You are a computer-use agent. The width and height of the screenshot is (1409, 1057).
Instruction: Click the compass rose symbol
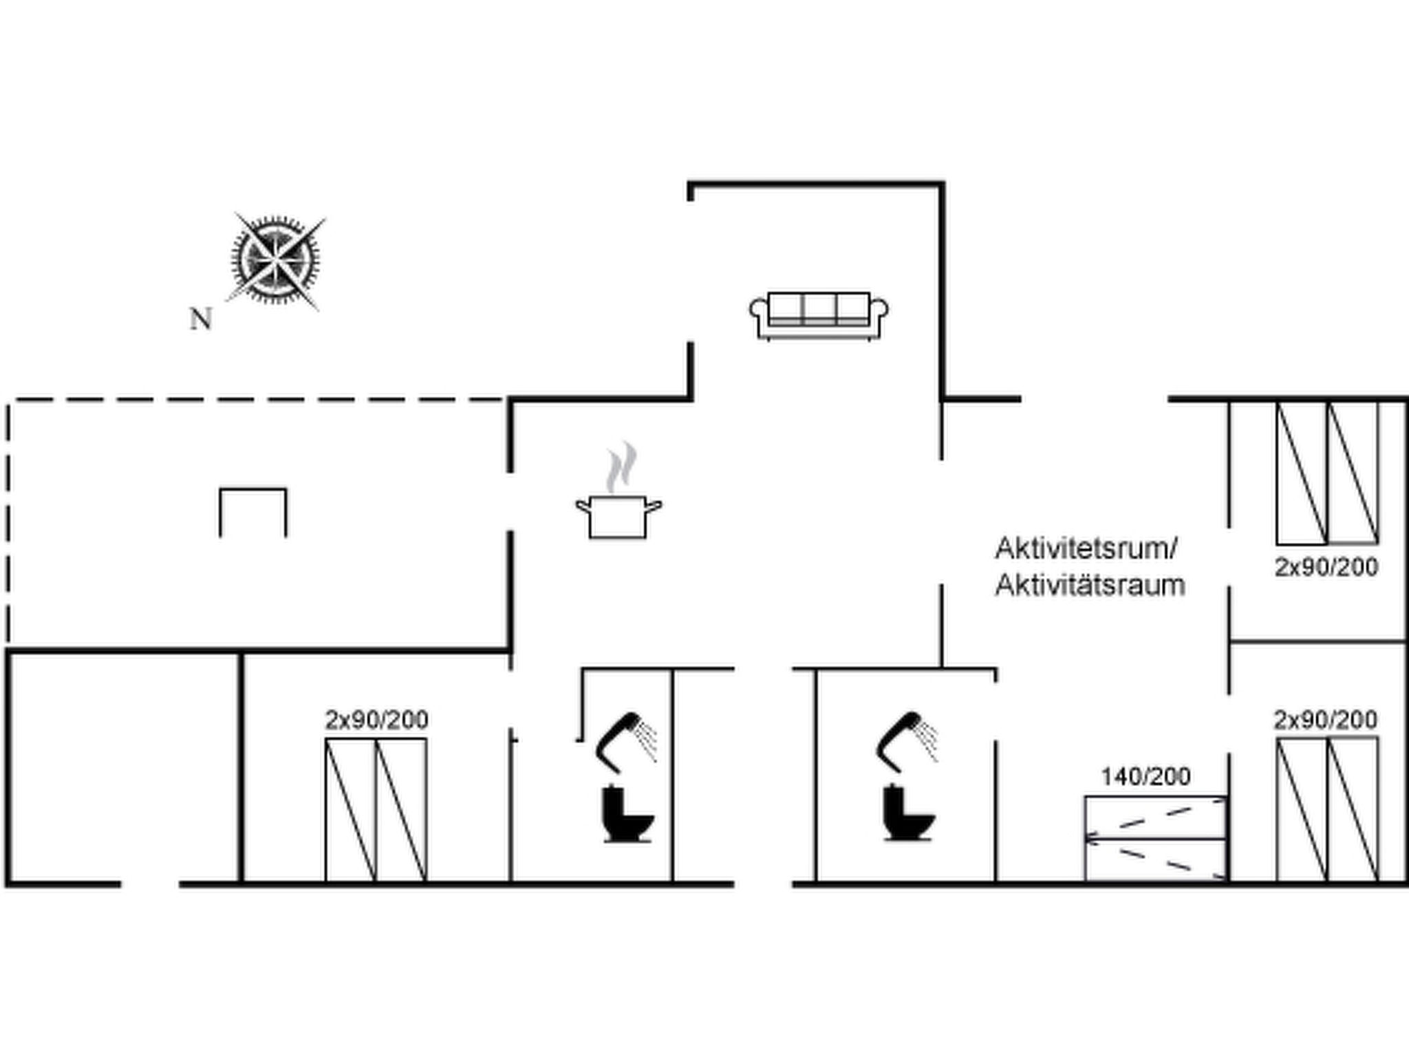[275, 260]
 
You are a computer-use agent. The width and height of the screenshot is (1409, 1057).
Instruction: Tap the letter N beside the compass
[200, 319]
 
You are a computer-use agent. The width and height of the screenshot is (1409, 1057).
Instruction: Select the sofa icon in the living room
[819, 316]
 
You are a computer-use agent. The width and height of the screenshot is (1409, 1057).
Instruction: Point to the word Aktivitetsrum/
[1086, 549]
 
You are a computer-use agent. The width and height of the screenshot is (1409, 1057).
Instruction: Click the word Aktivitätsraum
[1090, 586]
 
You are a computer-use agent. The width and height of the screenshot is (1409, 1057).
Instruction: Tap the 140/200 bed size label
[1146, 777]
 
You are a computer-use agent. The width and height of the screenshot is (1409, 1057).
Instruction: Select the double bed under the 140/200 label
[1156, 837]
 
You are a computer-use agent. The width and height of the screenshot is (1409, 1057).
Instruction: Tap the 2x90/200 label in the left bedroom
[376, 720]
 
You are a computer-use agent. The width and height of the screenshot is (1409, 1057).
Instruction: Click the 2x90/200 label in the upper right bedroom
[1326, 568]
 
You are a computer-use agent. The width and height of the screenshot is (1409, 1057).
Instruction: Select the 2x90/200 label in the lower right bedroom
[1326, 720]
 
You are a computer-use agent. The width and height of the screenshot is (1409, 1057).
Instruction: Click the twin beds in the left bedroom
[376, 809]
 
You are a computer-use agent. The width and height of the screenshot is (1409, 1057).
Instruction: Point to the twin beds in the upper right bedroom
[1327, 473]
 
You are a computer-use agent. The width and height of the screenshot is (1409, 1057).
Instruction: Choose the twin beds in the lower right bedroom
[1327, 809]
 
